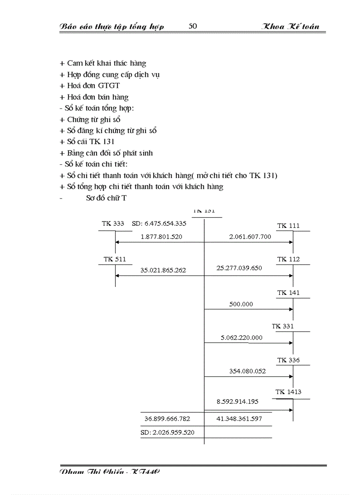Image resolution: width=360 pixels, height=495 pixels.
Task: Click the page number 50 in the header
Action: (193, 26)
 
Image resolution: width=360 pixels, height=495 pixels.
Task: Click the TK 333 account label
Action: (113, 223)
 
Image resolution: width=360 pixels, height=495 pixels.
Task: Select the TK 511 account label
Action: (115, 259)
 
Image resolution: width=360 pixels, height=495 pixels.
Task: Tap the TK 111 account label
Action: (289, 226)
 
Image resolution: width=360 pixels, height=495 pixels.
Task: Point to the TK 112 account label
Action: (289, 259)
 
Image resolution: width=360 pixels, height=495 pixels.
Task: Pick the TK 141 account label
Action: (289, 293)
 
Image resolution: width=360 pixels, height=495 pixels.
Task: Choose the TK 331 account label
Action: (289, 327)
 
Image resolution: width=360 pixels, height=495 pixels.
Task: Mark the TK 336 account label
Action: (289, 360)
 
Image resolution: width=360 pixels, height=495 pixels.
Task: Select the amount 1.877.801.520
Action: (161, 237)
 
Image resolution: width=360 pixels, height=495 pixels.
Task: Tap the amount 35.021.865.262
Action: (163, 270)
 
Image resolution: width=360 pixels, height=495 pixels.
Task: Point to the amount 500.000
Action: (241, 304)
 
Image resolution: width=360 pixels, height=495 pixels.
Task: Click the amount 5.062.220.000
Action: (242, 338)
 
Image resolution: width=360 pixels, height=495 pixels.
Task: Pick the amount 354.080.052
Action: (247, 371)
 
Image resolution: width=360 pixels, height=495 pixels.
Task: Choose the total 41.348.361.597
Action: (239, 419)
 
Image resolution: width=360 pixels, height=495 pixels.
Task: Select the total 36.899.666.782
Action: (167, 419)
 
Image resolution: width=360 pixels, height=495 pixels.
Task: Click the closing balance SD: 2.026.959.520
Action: (167, 432)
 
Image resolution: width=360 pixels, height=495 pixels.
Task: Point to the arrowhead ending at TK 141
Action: (291, 309)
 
